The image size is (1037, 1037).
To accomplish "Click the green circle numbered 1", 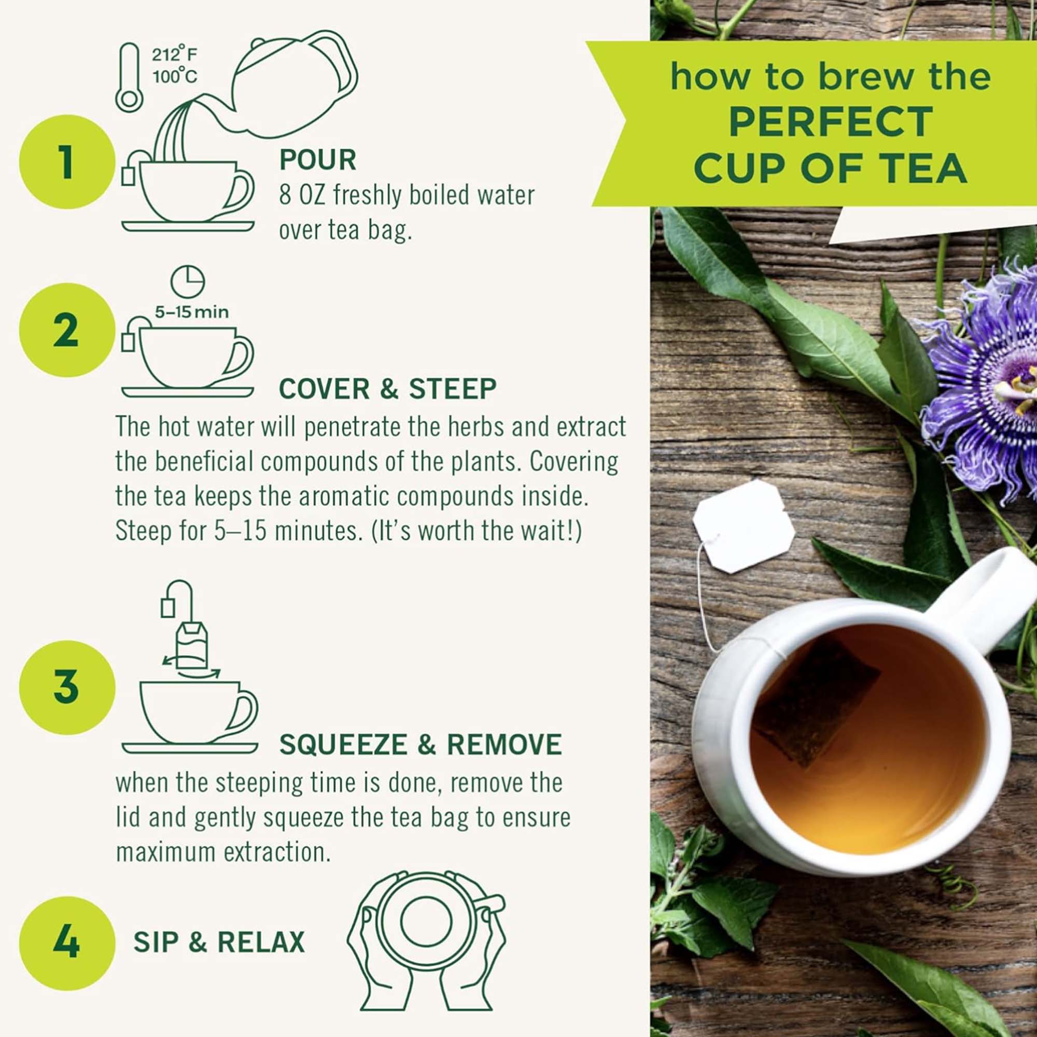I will coord(66,162).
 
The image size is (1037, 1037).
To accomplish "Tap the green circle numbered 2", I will coord(66,330).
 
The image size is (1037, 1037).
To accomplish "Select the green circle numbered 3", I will coord(66,688).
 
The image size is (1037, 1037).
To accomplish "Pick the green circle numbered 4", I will coord(66,944).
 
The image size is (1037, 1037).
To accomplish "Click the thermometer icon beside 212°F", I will coord(129,78).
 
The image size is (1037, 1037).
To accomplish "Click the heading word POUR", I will coord(318,160).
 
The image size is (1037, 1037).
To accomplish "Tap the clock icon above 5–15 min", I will coord(188,281).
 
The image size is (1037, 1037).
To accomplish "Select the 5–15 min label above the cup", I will coord(192,312).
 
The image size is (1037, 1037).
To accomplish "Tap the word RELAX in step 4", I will coord(261,943).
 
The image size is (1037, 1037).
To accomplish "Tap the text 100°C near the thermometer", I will coord(174,77).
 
